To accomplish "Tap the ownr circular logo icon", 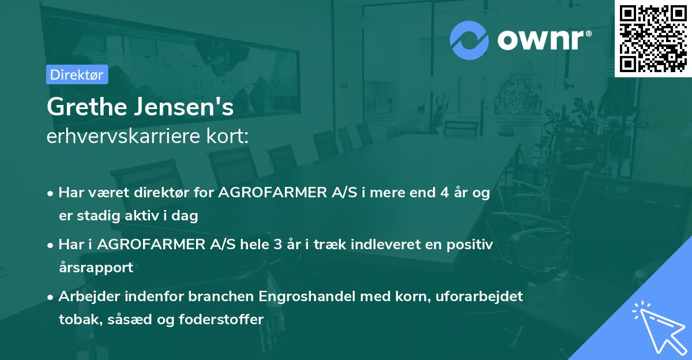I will click(x=469, y=40).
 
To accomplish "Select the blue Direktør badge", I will click(x=77, y=74).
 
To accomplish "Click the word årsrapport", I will click(x=96, y=268).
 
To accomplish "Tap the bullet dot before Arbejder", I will click(x=51, y=297).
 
